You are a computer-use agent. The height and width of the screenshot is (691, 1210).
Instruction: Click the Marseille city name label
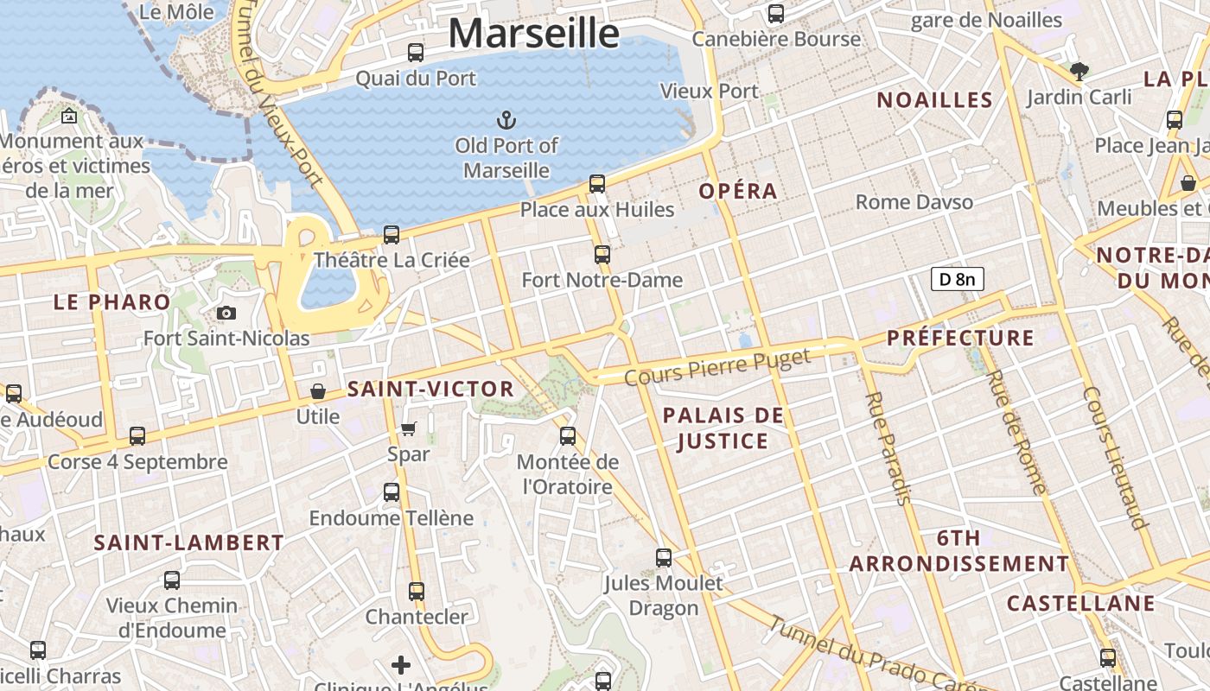click(x=533, y=34)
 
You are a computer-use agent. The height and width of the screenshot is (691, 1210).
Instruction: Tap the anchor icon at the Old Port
click(x=506, y=119)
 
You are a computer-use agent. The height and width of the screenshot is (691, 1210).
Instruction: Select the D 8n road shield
click(x=957, y=279)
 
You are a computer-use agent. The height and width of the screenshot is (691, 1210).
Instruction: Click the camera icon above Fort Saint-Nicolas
click(x=226, y=313)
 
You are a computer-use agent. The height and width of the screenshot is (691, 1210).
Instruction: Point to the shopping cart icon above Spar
click(x=409, y=428)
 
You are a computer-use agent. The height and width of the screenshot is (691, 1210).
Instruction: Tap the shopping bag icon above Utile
click(x=318, y=391)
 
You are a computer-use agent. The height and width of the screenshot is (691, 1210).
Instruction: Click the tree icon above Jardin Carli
click(x=1079, y=71)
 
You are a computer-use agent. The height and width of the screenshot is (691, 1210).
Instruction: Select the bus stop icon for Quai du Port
click(x=416, y=52)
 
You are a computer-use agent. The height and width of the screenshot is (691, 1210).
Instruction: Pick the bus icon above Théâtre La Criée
click(x=392, y=234)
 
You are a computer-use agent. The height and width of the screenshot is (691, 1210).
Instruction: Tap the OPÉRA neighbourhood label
click(x=738, y=191)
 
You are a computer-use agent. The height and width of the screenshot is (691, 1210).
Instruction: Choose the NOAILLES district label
click(x=935, y=100)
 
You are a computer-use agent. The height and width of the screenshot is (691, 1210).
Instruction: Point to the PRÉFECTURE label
click(x=960, y=338)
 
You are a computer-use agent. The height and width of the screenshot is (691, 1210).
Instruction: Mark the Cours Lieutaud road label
click(x=1115, y=457)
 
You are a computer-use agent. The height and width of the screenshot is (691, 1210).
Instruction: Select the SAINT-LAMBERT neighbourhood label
click(x=188, y=542)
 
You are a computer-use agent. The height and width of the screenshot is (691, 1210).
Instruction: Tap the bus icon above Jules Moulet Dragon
click(x=664, y=558)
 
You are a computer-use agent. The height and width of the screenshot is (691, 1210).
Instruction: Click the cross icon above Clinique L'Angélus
click(x=401, y=664)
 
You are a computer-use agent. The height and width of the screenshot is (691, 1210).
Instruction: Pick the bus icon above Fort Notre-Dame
click(x=602, y=255)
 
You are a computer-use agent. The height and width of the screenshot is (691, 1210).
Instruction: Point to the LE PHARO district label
click(x=112, y=301)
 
